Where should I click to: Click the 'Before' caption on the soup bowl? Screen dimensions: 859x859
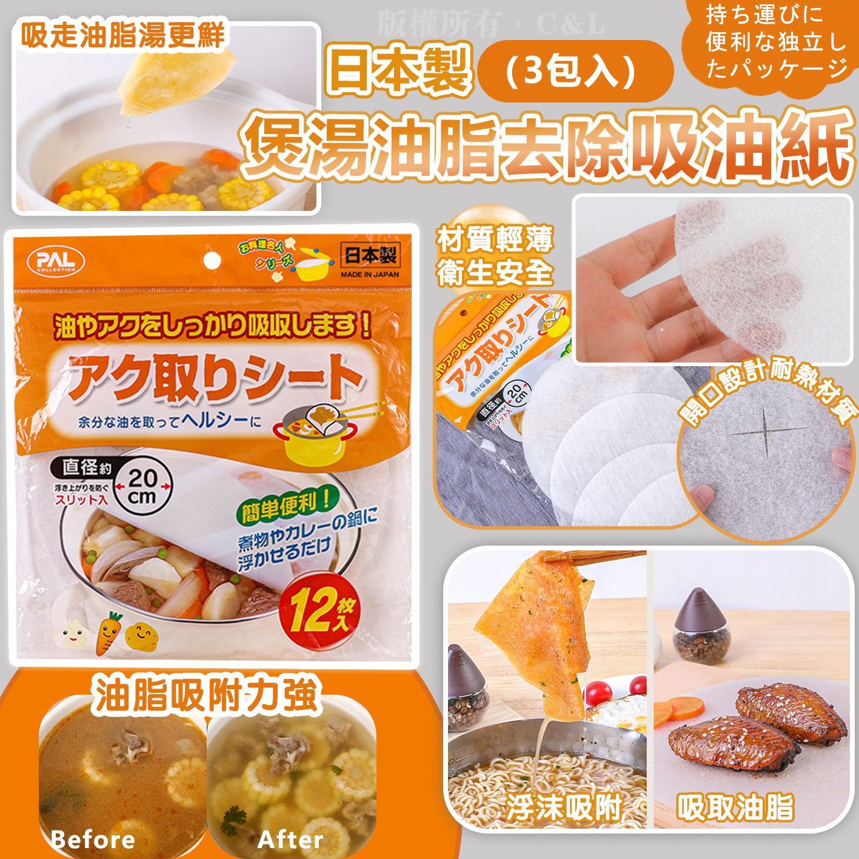pyautogui.click(x=93, y=840)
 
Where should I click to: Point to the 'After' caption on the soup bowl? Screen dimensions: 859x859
pyautogui.click(x=290, y=840)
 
